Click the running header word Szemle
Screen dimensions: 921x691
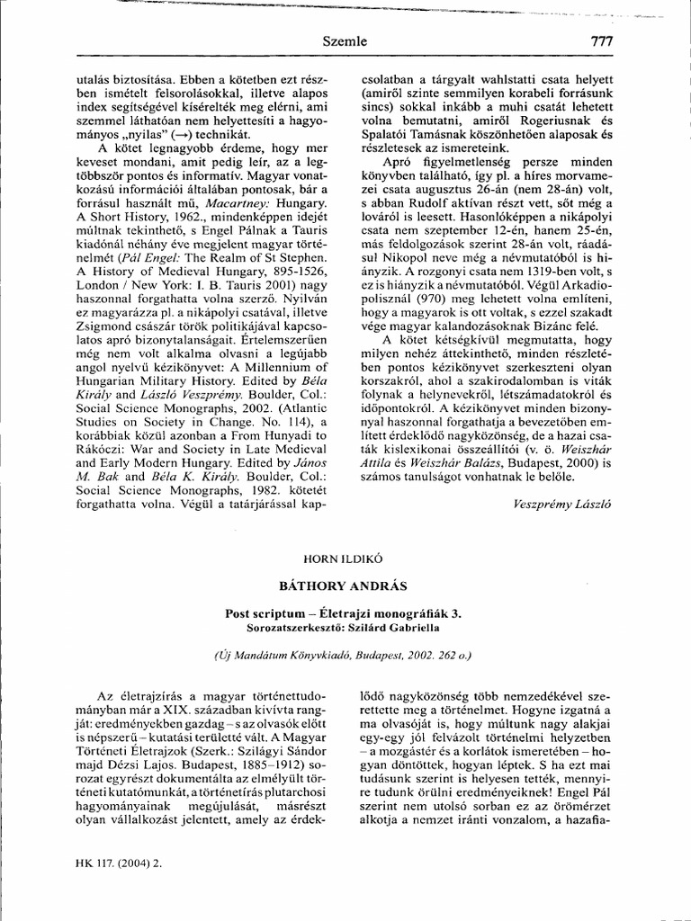tap(345, 41)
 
